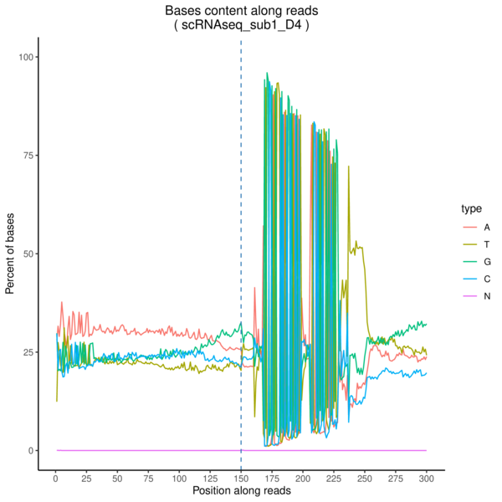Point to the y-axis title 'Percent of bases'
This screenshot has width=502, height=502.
tap(11, 254)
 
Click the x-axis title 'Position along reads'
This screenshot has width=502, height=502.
tap(241, 491)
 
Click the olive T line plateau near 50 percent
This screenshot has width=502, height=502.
tap(360, 246)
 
